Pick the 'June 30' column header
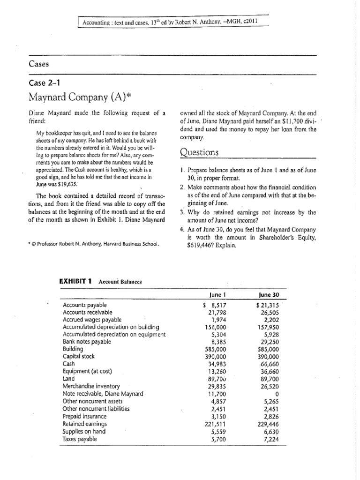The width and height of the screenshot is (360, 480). [269, 294]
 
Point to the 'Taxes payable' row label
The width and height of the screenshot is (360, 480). [80, 439]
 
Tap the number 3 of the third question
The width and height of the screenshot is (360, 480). [182, 212]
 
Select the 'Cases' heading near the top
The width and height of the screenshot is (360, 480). [39, 64]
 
